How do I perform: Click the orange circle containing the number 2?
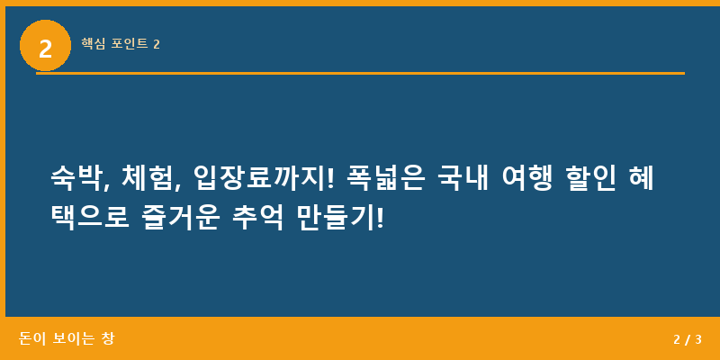(x=45, y=46)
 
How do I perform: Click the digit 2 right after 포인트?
(x=157, y=43)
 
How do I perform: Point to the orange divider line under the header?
(x=360, y=73)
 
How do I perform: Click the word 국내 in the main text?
(x=462, y=179)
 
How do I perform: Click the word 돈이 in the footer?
(x=31, y=338)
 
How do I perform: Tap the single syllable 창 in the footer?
(x=108, y=338)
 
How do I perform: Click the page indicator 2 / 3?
(x=687, y=339)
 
